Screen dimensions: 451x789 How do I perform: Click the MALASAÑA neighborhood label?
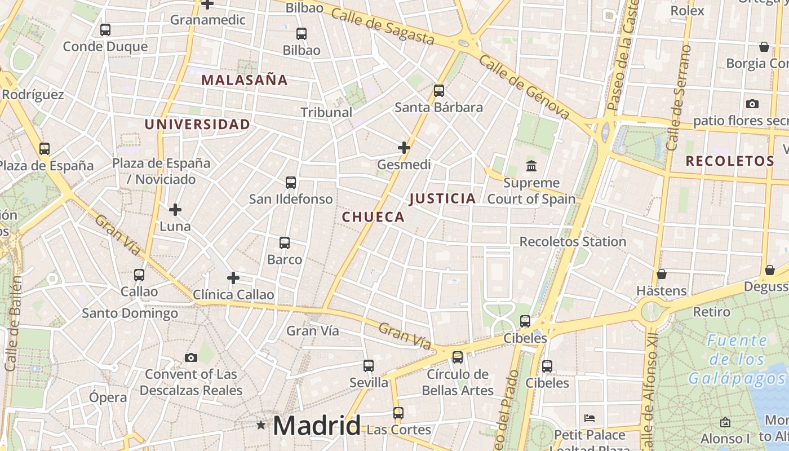tap(244, 80)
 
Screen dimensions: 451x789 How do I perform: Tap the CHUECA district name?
tap(373, 217)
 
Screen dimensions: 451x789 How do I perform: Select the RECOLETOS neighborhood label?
tap(730, 161)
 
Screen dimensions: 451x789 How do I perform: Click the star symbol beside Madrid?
tap(261, 425)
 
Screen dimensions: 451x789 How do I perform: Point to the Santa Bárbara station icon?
tap(438, 91)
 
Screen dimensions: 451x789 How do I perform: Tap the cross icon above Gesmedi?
tap(404, 148)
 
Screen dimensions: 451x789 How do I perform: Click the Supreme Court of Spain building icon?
tap(531, 166)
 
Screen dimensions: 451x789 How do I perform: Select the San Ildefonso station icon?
tap(291, 183)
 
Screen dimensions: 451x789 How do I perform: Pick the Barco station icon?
tap(285, 243)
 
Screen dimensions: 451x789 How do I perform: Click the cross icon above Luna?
tap(175, 210)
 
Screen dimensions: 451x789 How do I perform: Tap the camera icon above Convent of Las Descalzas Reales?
tap(191, 357)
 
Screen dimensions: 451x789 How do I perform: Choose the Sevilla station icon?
tap(369, 366)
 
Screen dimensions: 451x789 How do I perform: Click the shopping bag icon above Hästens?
tap(662, 275)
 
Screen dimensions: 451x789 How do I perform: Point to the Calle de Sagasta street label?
tap(383, 26)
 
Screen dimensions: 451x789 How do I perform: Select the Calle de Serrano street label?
tap(678, 97)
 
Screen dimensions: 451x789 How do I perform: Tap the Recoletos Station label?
tap(573, 242)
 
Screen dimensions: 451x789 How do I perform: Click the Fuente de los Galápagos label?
tap(738, 359)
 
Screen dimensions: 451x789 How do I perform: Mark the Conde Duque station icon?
tap(105, 30)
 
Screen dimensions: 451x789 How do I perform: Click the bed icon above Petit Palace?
tap(589, 418)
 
